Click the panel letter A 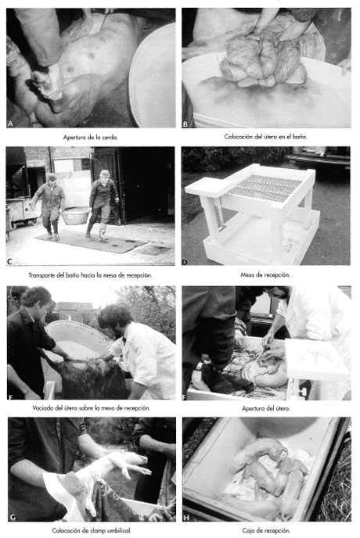tap(10, 124)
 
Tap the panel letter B tap(185, 124)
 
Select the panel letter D tap(185, 262)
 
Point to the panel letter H tap(186, 517)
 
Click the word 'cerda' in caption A tap(110, 138)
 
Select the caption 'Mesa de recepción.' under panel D tap(265, 274)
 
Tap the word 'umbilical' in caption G tap(119, 530)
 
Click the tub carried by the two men tap(75, 216)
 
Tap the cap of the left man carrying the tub tap(52, 177)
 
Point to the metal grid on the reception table tap(265, 187)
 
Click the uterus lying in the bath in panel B tap(263, 62)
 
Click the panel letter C tap(9, 262)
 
